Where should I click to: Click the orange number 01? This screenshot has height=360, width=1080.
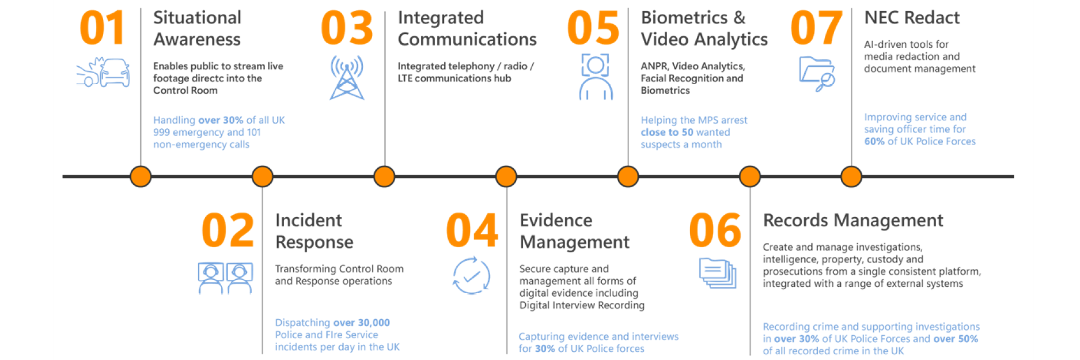[102, 28]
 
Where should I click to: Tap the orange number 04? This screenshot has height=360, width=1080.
[472, 230]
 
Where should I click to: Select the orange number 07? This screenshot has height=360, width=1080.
[816, 28]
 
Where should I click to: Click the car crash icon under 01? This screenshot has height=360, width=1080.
[103, 72]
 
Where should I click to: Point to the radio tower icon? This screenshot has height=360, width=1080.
[347, 77]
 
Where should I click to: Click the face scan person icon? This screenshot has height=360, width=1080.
[596, 77]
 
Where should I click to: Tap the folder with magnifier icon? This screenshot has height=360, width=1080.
[817, 74]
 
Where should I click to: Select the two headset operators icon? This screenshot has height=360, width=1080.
[225, 278]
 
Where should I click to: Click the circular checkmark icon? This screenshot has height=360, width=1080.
[472, 276]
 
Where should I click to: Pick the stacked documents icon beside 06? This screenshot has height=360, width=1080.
[718, 273]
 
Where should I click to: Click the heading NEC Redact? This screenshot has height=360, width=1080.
[912, 18]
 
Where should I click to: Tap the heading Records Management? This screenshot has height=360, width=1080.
[853, 221]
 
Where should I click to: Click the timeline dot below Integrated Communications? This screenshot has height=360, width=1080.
[384, 176]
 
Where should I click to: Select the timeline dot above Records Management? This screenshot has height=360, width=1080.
[749, 176]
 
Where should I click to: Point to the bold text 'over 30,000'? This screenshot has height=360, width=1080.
[361, 323]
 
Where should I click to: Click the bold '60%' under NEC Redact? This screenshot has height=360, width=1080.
[874, 141]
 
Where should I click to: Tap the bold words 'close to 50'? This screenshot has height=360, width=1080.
[667, 132]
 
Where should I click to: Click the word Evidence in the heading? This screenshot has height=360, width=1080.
[556, 221]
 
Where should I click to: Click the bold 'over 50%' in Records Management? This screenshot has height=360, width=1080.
[956, 339]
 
